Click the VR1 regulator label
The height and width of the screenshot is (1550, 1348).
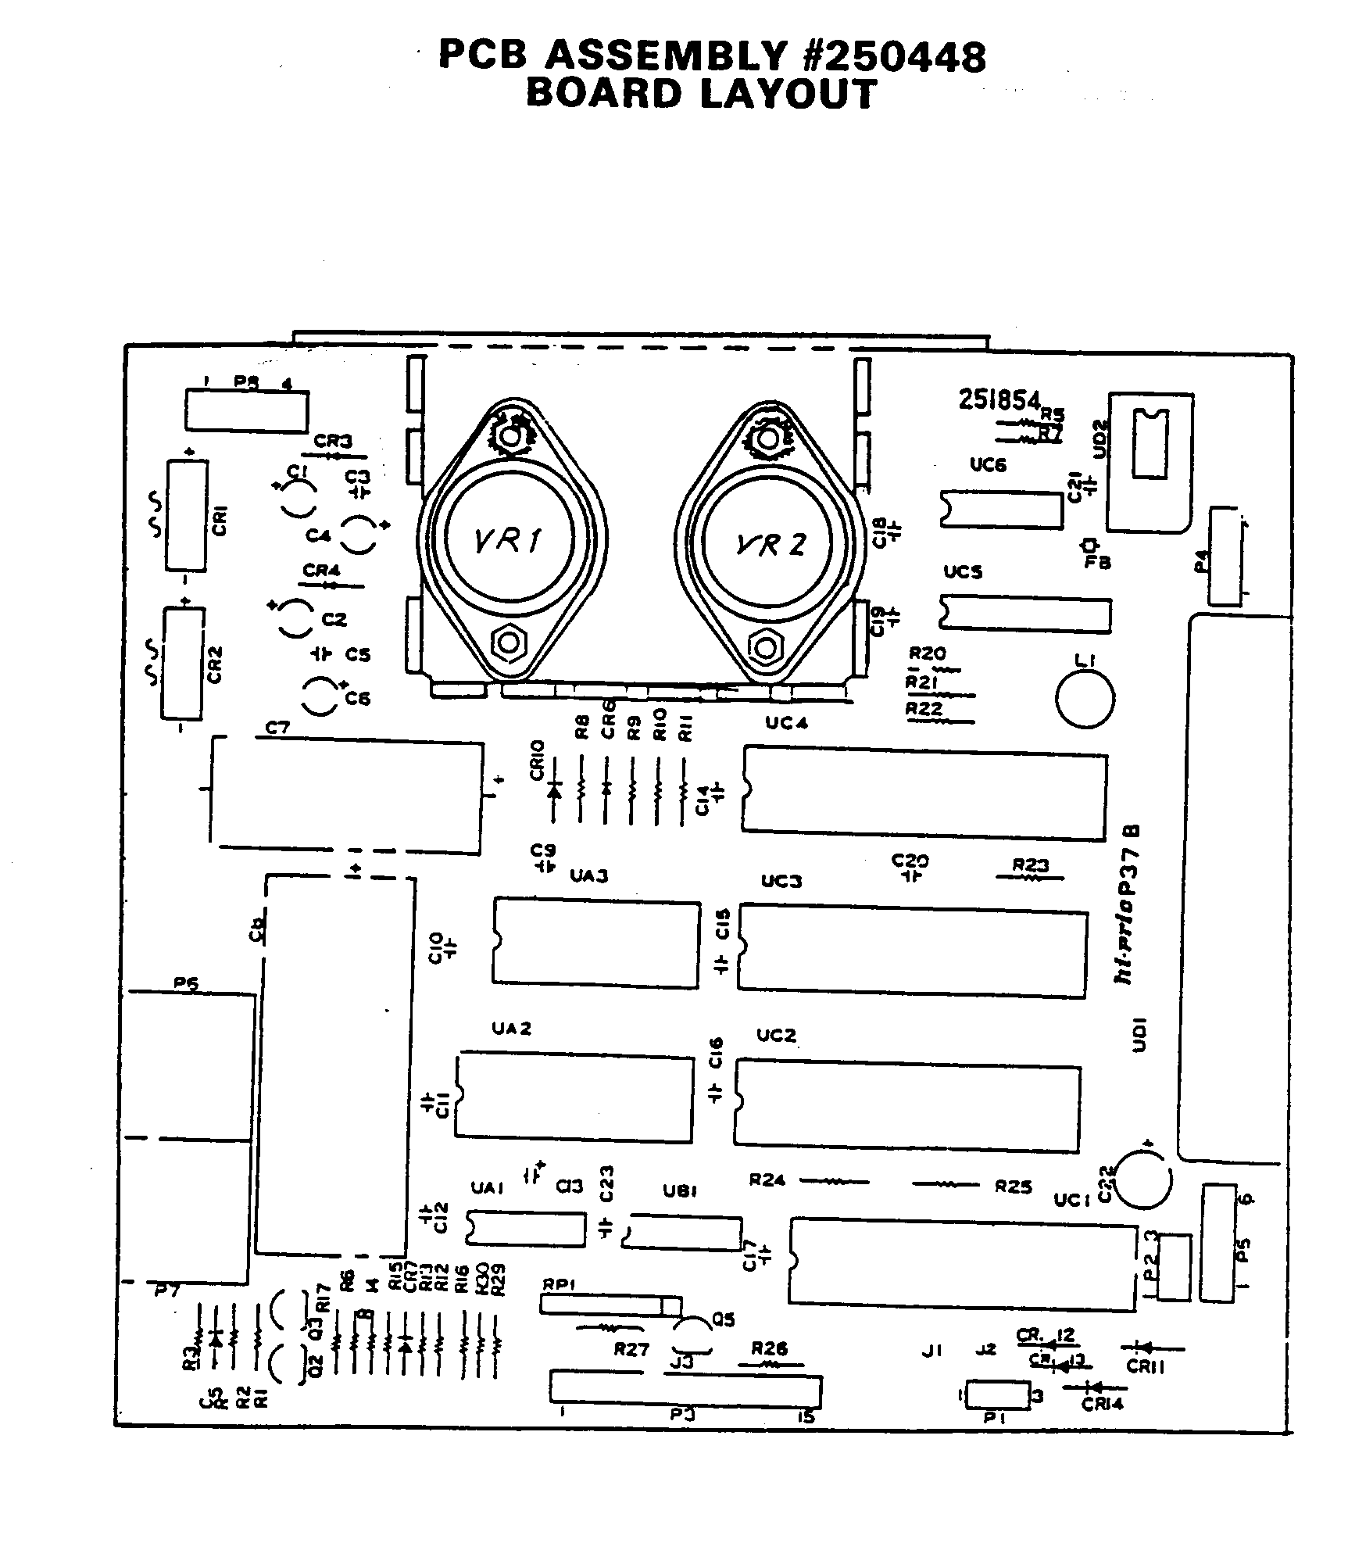pyautogui.click(x=509, y=539)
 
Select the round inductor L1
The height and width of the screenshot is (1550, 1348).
pyautogui.click(x=1085, y=698)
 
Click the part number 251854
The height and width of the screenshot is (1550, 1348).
pyautogui.click(x=999, y=400)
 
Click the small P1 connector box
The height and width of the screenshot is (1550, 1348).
pyautogui.click(x=998, y=1395)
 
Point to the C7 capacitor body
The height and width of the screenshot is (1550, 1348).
pyautogui.click(x=348, y=797)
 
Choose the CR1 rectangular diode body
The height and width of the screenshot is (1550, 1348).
pyautogui.click(x=187, y=515)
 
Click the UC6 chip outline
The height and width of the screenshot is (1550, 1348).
pyautogui.click(x=1002, y=509)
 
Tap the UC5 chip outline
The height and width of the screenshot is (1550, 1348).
pyautogui.click(x=1025, y=614)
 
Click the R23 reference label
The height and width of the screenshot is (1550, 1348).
pyautogui.click(x=1030, y=865)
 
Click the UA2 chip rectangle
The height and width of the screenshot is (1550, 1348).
pyautogui.click(x=574, y=1099)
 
